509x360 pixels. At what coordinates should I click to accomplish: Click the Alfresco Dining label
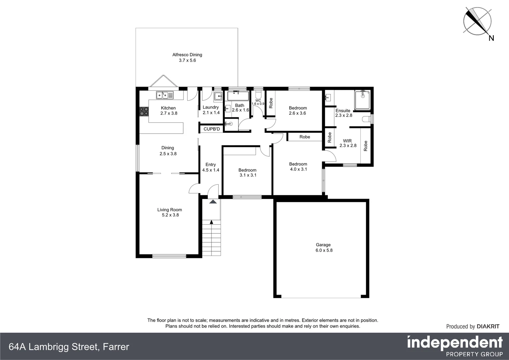click(x=187, y=57)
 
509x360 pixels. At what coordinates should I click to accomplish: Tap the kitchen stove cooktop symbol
click(x=144, y=111)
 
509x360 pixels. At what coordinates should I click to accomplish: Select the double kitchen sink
click(x=165, y=95)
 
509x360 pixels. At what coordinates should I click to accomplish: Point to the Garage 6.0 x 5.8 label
click(x=323, y=247)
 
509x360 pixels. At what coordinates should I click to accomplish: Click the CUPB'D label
click(x=212, y=129)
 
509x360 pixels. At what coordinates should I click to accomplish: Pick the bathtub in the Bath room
click(x=238, y=96)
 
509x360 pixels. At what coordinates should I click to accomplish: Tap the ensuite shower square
click(x=362, y=100)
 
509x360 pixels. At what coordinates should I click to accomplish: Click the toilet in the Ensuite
click(x=367, y=119)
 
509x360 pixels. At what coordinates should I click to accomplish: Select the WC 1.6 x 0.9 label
click(x=258, y=102)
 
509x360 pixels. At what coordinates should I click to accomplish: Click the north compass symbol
click(x=477, y=21)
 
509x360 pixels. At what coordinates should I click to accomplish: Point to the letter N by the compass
click(x=491, y=38)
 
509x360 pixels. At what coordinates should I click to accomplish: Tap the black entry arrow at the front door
click(x=213, y=201)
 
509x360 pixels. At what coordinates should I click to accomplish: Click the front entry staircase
click(x=211, y=237)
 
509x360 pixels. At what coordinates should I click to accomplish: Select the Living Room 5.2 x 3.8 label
click(x=170, y=212)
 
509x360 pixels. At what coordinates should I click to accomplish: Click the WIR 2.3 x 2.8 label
click(x=348, y=143)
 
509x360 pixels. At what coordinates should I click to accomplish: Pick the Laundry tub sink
click(x=218, y=96)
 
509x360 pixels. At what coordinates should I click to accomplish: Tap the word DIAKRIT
click(x=488, y=326)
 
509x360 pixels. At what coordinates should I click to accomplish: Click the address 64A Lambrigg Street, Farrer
click(x=69, y=347)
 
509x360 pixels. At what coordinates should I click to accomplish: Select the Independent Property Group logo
click(x=455, y=346)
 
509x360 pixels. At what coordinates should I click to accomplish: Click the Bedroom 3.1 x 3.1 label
click(x=248, y=172)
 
